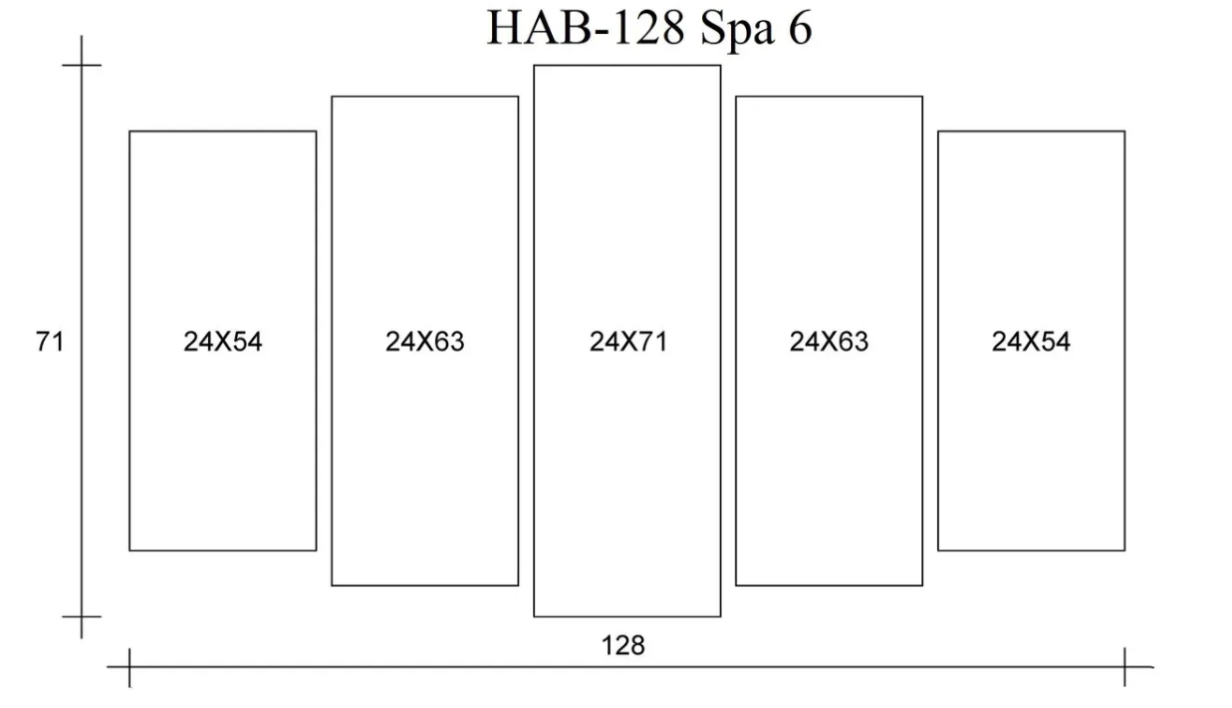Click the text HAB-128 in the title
pyautogui.click(x=586, y=28)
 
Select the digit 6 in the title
pyautogui.click(x=801, y=28)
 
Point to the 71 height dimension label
pyautogui.click(x=50, y=342)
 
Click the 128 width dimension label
pyautogui.click(x=623, y=645)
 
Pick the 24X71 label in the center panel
pyautogui.click(x=628, y=342)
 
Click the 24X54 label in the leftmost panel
pyautogui.click(x=223, y=342)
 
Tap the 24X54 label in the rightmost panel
pyautogui.click(x=1031, y=342)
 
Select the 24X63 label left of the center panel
pyautogui.click(x=424, y=342)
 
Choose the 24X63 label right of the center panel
pyautogui.click(x=829, y=342)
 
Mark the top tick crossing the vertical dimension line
pyautogui.click(x=82, y=66)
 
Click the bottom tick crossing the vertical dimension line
pyautogui.click(x=82, y=616)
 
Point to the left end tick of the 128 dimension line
pyautogui.click(x=129, y=667)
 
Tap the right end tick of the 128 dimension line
pyautogui.click(x=1124, y=667)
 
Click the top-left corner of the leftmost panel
pyautogui.click(x=129, y=131)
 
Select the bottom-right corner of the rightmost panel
pyautogui.click(x=1124, y=551)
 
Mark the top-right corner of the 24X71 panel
pyautogui.click(x=720, y=66)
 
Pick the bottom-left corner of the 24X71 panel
pyautogui.click(x=534, y=616)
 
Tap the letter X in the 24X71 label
pyautogui.click(x=628, y=342)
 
